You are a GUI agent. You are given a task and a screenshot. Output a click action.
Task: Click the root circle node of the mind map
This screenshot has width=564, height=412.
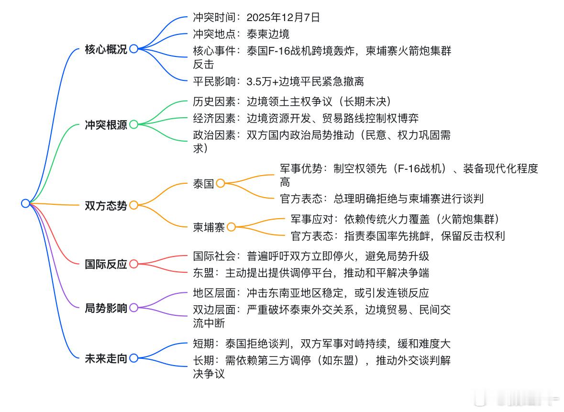tap(25, 203)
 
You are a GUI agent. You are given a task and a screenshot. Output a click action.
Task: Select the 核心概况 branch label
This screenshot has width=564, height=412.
tap(106, 49)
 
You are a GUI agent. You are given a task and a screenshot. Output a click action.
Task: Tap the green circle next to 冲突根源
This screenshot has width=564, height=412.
tap(133, 124)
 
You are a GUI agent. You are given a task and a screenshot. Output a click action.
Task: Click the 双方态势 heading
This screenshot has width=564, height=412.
tap(106, 206)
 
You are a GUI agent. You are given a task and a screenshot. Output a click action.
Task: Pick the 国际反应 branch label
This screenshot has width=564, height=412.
tap(106, 264)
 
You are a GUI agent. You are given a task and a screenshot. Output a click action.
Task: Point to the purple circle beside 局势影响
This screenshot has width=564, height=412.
tap(133, 308)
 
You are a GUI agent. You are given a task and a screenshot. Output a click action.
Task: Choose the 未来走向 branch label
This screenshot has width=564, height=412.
tap(106, 358)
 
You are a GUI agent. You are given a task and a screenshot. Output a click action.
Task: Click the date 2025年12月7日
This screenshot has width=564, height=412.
tap(283, 18)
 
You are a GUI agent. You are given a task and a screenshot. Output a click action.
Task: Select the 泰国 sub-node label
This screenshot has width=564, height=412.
tap(203, 184)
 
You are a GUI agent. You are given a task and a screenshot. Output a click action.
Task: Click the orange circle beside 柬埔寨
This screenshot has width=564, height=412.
tap(231, 227)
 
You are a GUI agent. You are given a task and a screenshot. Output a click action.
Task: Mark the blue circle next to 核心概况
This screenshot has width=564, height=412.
tap(133, 49)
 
